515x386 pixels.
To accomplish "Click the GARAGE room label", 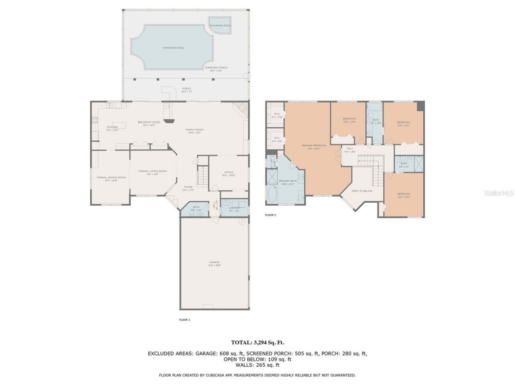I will pos(214,263).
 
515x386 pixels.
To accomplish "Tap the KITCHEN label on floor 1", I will pos(112,127).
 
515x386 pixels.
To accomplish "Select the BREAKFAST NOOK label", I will pos(149,122).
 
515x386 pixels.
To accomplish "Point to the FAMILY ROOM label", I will pos(195,129).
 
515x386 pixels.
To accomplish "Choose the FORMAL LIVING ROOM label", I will pos(152,171).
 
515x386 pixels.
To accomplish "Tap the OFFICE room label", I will pos(229,173).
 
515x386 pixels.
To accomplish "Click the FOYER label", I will pos(188,187).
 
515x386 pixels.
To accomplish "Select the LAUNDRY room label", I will pos(234,208).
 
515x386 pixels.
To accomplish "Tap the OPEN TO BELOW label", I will pos(362,191).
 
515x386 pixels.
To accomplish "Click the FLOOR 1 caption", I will pos(184,320).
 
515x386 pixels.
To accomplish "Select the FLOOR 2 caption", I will pos(270,215).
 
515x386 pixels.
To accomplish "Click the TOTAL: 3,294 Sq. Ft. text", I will pos(257,343).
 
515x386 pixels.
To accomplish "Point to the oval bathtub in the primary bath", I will pos(272,196).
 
